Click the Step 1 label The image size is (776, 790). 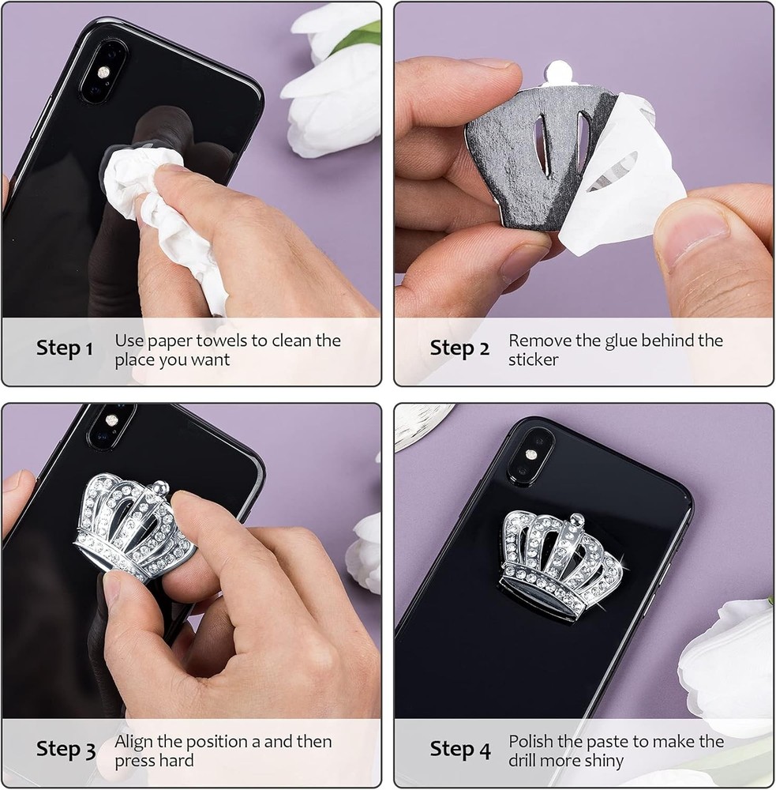pyautogui.click(x=65, y=348)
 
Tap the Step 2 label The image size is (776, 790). pyautogui.click(x=459, y=348)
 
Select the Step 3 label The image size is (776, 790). pyautogui.click(x=66, y=749)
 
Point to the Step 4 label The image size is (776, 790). pyautogui.click(x=459, y=749)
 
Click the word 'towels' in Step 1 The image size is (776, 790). pyautogui.click(x=222, y=340)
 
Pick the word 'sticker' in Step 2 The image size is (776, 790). pyautogui.click(x=534, y=359)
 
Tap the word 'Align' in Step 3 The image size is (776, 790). pyautogui.click(x=133, y=742)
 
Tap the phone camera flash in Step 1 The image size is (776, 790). pyautogui.click(x=104, y=72)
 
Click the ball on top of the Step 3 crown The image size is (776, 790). pyautogui.click(x=160, y=487)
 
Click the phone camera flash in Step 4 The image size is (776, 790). pyautogui.click(x=530, y=455)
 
